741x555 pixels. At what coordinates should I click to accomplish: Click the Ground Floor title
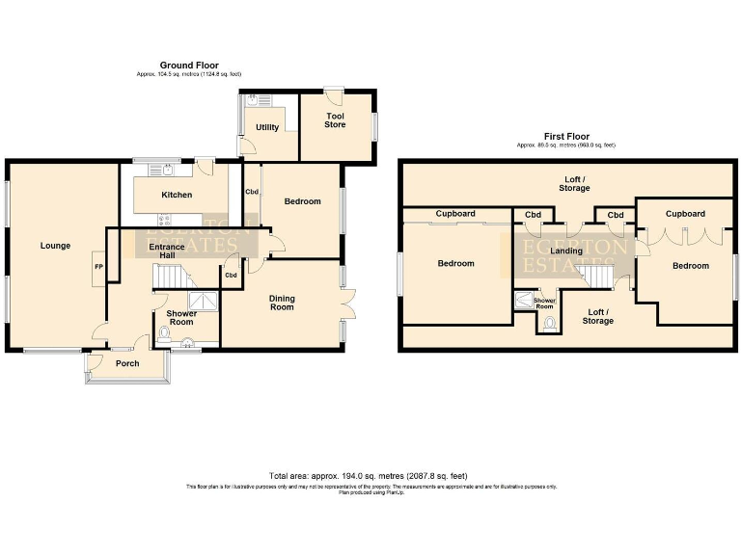[x=189, y=65]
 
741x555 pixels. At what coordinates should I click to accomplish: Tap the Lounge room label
[x=55, y=246]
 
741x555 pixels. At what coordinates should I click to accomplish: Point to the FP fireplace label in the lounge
[x=98, y=266]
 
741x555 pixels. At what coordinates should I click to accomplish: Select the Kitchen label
[x=177, y=196]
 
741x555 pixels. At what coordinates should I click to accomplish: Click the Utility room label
[x=267, y=127]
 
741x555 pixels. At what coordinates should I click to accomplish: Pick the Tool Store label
[x=335, y=119]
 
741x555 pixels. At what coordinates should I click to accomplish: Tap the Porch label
[x=127, y=363]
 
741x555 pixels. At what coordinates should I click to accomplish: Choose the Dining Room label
[x=282, y=303]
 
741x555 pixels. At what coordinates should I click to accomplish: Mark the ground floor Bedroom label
[x=301, y=201]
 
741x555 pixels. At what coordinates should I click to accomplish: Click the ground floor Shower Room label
[x=181, y=317]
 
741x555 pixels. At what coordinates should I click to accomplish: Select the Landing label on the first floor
[x=565, y=251]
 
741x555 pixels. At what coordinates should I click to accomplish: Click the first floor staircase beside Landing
[x=597, y=277]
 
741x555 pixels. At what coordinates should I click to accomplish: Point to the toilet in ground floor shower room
[x=163, y=334]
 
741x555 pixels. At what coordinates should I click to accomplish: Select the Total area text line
[x=370, y=476]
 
